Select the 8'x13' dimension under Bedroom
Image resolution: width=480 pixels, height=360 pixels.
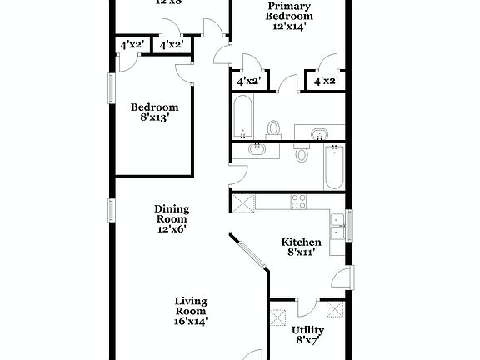pyautogui.click(x=153, y=119)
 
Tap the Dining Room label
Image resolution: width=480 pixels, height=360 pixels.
pyautogui.click(x=171, y=214)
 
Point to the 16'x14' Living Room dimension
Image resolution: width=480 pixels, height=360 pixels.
pyautogui.click(x=191, y=319)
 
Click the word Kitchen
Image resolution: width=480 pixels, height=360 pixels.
pyautogui.click(x=301, y=242)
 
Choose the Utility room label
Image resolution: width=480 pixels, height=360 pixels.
pyautogui.click(x=307, y=330)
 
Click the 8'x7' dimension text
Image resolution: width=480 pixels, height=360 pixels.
pyautogui.click(x=307, y=341)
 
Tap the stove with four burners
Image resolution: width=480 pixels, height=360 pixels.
pyautogui.click(x=298, y=201)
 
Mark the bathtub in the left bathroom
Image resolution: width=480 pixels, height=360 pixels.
pyautogui.click(x=243, y=117)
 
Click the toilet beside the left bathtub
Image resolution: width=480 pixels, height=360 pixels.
pyautogui.click(x=273, y=129)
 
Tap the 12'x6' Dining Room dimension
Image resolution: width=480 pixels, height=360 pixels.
pyautogui.click(x=171, y=227)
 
